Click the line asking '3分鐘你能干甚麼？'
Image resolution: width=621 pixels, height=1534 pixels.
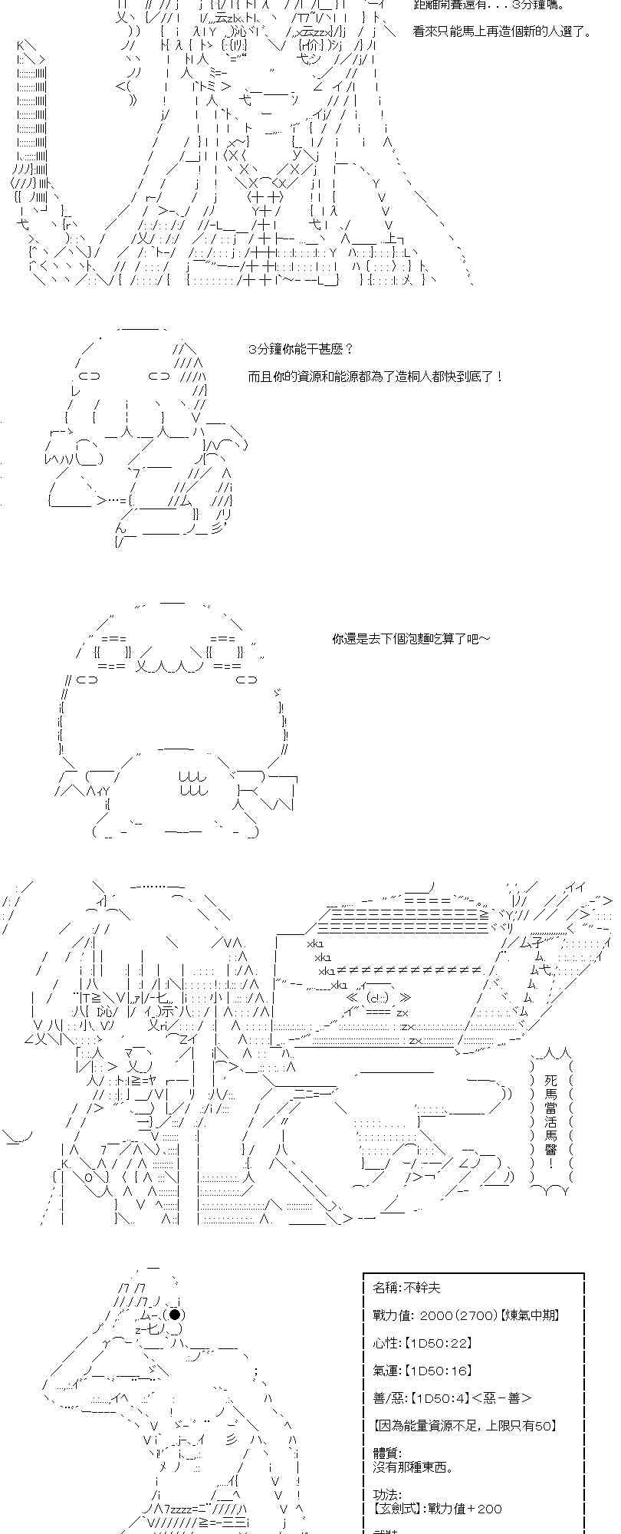click(301, 349)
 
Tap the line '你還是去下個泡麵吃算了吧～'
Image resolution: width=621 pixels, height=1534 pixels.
click(411, 638)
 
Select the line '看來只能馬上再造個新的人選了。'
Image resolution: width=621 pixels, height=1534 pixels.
click(501, 31)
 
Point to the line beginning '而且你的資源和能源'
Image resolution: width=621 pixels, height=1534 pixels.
click(376, 377)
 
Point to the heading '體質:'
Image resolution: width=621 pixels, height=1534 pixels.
click(387, 1453)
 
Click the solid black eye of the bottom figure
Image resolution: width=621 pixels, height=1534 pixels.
click(175, 1315)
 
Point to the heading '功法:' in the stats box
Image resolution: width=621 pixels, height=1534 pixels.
click(387, 1495)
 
